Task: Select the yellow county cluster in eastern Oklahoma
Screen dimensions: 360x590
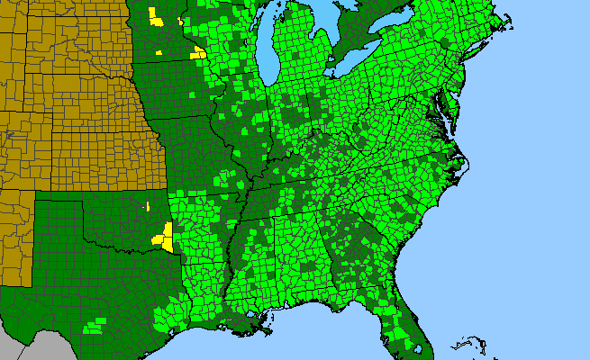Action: click(x=164, y=238)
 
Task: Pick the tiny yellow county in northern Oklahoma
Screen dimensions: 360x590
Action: click(x=147, y=207)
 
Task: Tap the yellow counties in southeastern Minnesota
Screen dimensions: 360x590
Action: click(x=198, y=53)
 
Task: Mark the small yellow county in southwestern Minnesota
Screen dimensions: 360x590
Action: click(x=159, y=53)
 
